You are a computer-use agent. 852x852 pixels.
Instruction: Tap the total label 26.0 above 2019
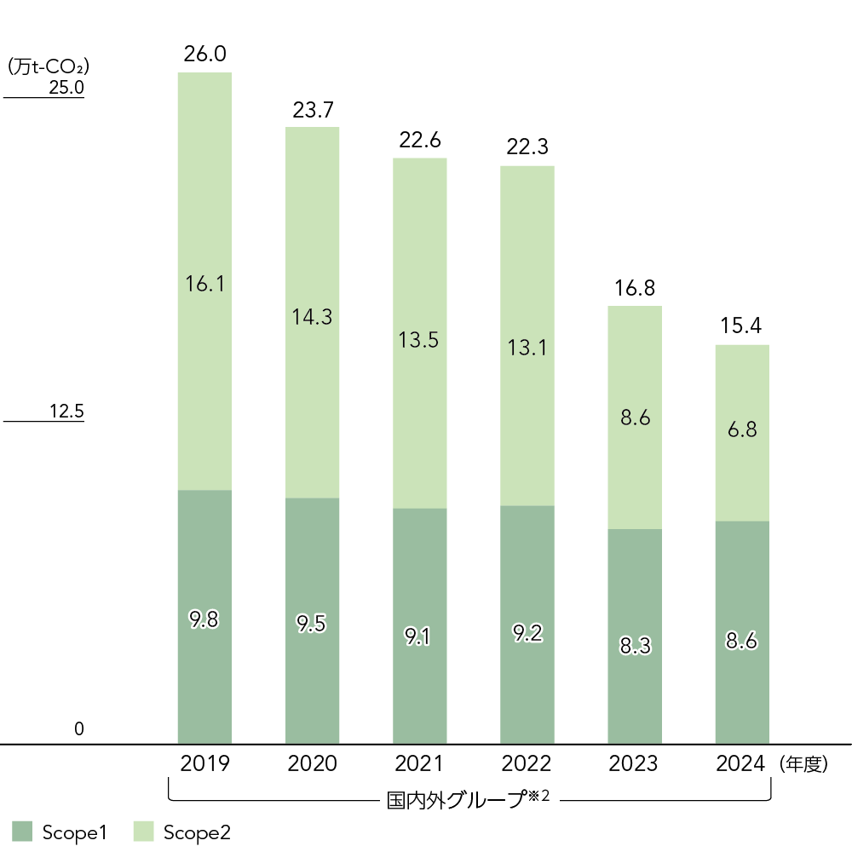point(204,55)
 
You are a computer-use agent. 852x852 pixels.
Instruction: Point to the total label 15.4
point(742,326)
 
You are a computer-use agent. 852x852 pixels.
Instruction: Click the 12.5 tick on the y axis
point(66,412)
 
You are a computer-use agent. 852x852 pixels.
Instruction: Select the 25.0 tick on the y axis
point(66,88)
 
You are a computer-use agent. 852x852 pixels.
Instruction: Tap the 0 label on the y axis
point(79,729)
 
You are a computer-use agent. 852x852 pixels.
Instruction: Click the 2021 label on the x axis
point(419,763)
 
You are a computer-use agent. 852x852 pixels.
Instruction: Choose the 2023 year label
point(634,763)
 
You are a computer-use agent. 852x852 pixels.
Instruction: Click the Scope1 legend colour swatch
point(22,832)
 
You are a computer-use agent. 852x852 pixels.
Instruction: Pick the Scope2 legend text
point(197,832)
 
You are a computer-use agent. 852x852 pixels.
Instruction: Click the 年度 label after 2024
point(803,764)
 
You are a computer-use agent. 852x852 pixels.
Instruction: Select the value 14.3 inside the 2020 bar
point(312,317)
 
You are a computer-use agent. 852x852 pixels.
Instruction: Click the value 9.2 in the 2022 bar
point(527,634)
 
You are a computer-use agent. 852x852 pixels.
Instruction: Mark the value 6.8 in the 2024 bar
point(742,430)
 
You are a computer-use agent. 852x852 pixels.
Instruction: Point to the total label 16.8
point(634,287)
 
